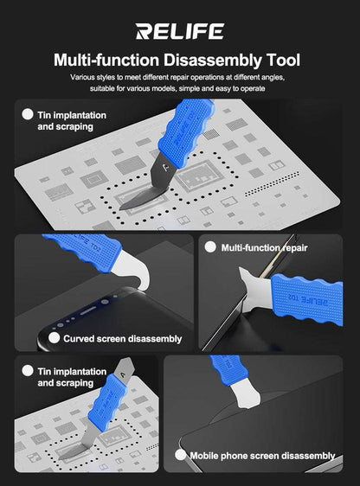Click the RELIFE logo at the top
pos(179,31)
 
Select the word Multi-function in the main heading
pos(106,60)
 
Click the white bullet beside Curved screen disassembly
pos(55,338)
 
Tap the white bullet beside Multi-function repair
pos(210,247)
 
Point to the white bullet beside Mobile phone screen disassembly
pos(180,455)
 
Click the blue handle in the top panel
pos(187,131)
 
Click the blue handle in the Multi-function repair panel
pos(307,300)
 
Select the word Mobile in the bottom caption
pos(204,456)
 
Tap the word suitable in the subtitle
pos(102,88)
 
